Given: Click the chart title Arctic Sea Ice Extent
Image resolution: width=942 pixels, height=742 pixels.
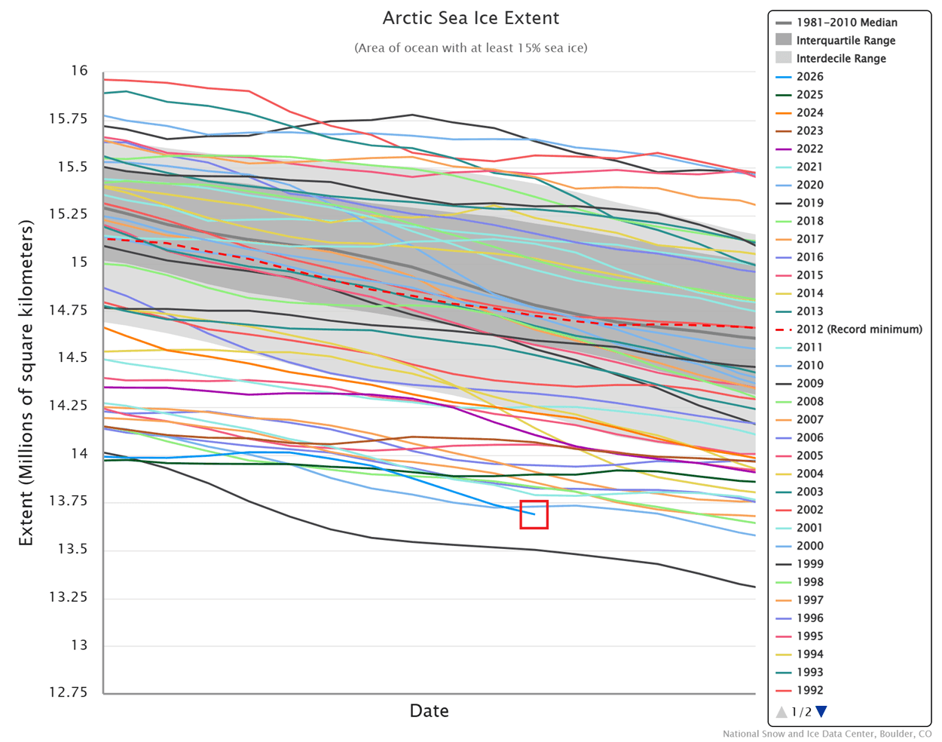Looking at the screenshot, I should click(x=471, y=18).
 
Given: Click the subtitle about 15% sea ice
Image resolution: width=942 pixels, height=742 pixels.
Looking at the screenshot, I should click(x=471, y=48).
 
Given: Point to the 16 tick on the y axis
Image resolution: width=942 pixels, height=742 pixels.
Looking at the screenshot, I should click(x=79, y=71).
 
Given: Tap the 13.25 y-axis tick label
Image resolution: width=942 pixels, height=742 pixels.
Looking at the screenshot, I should click(x=68, y=597).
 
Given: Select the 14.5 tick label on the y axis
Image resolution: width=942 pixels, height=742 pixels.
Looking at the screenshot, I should click(x=72, y=357).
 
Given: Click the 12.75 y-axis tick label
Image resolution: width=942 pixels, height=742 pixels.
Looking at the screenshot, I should click(x=68, y=692).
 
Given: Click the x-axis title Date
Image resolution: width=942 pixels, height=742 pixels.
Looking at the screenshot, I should click(x=429, y=710).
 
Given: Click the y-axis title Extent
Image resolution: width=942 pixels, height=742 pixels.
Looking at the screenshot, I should click(x=26, y=383).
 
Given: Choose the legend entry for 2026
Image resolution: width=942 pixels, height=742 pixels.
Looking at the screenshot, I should click(x=809, y=76).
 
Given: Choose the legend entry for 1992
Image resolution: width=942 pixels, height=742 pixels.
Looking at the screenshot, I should click(x=809, y=690).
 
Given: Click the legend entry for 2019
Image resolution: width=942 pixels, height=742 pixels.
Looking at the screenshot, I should click(x=809, y=203).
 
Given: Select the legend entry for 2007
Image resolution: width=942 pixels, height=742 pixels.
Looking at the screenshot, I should click(x=809, y=419).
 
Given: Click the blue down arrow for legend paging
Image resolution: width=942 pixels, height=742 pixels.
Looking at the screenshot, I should click(x=821, y=711).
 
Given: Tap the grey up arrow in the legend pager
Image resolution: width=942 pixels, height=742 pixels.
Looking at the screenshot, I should click(x=781, y=711).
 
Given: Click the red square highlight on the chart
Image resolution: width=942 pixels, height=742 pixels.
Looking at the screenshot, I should click(x=534, y=514).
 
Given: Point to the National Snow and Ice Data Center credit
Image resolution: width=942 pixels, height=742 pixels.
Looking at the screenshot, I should click(x=827, y=734).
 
